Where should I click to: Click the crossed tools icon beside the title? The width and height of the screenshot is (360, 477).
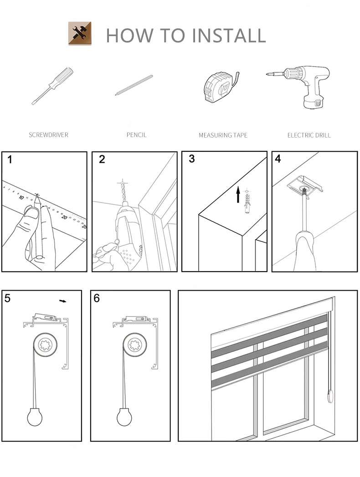[x=80, y=33]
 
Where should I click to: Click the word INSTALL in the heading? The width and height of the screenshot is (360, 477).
[x=229, y=35]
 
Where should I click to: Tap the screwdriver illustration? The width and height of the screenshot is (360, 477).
[x=53, y=86]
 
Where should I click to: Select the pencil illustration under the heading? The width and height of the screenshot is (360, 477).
[x=134, y=85]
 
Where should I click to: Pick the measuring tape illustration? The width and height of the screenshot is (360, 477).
[x=220, y=87]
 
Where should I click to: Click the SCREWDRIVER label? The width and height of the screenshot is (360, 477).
[x=48, y=135]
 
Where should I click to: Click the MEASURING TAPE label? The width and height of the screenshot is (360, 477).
[x=223, y=135]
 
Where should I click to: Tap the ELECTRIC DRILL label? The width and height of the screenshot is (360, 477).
[x=309, y=135]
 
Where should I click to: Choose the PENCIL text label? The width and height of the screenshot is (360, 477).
[x=136, y=135]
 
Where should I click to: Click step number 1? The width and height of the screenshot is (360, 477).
[x=10, y=159]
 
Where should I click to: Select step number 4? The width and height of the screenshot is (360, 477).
[x=278, y=159]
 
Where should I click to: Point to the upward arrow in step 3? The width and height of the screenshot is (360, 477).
[x=238, y=195]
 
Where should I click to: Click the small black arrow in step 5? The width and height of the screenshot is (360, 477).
[x=63, y=301]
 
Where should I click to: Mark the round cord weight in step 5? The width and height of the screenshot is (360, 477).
[x=35, y=417]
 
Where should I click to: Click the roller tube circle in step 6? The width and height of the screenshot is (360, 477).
[x=135, y=345]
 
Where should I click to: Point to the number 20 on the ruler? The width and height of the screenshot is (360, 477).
[x=64, y=217]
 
